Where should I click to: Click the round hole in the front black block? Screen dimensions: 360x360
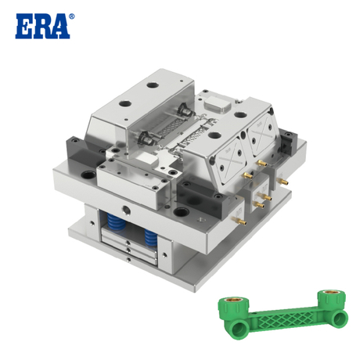183,209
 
